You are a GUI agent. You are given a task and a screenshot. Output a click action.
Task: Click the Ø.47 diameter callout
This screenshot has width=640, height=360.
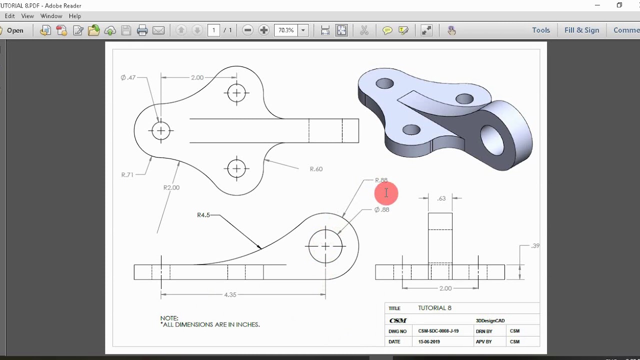coord(128,77)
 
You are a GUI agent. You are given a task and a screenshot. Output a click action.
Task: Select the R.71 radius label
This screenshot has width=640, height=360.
coord(127,175)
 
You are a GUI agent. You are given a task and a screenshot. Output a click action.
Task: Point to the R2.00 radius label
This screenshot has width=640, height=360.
coord(171,187)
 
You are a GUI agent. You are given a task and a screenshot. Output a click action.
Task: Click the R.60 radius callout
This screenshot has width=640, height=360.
coord(316,169)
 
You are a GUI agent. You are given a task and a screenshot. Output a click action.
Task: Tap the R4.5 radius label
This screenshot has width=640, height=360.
coord(203,215)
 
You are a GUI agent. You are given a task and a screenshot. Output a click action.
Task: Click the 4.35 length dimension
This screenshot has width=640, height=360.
coord(230,295)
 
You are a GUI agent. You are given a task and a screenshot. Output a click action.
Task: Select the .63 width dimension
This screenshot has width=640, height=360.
coord(441,198)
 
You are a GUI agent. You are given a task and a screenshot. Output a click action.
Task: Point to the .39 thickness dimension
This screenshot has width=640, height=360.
coord(535,246)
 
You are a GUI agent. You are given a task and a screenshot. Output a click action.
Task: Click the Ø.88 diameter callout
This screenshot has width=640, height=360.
coord(381,210)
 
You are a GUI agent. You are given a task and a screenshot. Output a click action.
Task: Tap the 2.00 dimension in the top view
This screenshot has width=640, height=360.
coord(197,77)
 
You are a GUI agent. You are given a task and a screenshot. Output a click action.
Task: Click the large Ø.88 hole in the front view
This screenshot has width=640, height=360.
coord(325,246)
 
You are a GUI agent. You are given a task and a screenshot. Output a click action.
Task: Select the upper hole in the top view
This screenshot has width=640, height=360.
coord(236,92)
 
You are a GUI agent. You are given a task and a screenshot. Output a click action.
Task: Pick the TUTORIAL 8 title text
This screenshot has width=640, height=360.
coord(434,308)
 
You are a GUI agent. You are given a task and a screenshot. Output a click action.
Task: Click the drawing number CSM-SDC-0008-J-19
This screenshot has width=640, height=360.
coord(438,331)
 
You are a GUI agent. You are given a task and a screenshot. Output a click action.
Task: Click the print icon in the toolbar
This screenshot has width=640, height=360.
coord(142,30)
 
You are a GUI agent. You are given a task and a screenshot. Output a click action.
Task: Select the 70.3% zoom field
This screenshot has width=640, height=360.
coord(286,30)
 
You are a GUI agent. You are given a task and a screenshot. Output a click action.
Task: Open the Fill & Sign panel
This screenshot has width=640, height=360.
coord(581,30)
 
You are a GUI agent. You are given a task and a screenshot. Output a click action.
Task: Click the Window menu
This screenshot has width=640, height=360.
coord(51,16)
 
